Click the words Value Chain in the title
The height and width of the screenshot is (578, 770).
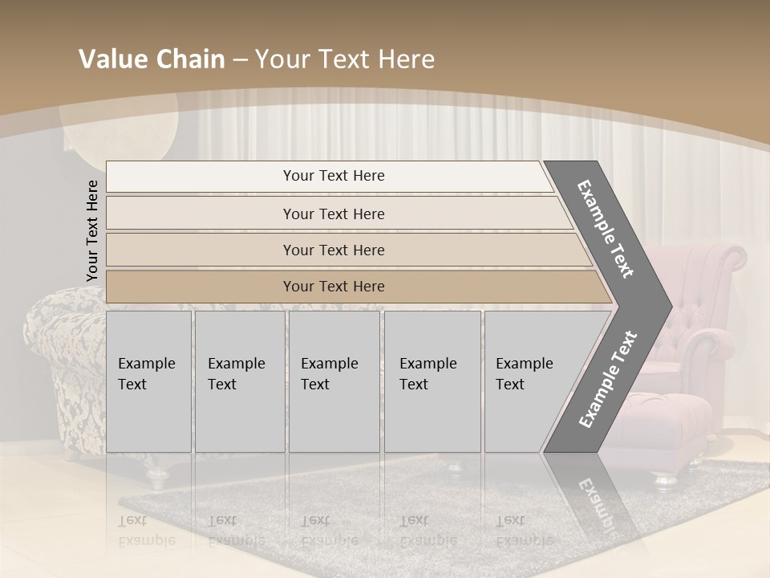pyautogui.click(x=152, y=59)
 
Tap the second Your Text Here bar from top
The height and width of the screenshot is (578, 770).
pyautogui.click(x=334, y=214)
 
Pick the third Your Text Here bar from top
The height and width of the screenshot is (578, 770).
pyautogui.click(x=334, y=250)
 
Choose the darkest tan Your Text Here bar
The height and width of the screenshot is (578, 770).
pyautogui.click(x=334, y=287)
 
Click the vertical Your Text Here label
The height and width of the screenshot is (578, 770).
pyautogui.click(x=92, y=230)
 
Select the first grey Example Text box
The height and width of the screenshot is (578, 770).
pyautogui.click(x=148, y=381)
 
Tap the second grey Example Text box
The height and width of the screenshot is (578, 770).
pyautogui.click(x=239, y=381)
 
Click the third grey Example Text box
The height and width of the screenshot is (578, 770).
pyautogui.click(x=333, y=381)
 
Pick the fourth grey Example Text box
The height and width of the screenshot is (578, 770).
pyautogui.click(x=432, y=381)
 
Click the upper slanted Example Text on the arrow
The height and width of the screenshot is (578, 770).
pyautogui.click(x=605, y=229)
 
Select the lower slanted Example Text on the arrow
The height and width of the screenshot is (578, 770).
pyautogui.click(x=608, y=379)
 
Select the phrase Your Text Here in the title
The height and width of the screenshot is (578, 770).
pyautogui.click(x=345, y=59)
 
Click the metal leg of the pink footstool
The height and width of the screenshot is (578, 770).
pyautogui.click(x=664, y=479)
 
